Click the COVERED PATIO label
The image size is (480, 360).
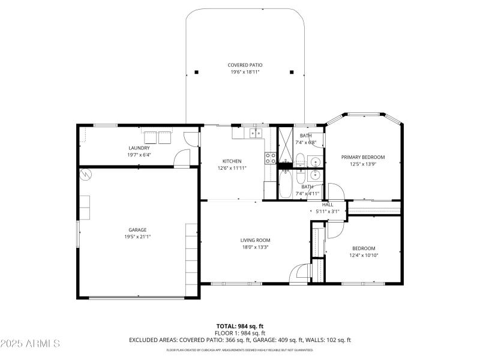click(245, 65)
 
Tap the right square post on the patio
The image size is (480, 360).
click(292, 72)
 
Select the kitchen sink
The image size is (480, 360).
click(257, 133)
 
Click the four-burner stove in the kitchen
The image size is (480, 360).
click(271, 158)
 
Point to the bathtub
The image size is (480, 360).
click(286, 184)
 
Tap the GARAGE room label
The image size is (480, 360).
click(137, 229)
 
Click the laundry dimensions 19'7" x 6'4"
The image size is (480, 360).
click(139, 155)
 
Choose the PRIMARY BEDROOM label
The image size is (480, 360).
click(363, 157)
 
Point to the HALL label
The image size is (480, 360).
click(328, 205)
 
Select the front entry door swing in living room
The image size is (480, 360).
click(298, 274)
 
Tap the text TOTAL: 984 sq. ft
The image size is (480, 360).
click(240, 326)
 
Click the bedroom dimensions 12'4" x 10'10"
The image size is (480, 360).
click(364, 255)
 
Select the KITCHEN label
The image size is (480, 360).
click(232, 161)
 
